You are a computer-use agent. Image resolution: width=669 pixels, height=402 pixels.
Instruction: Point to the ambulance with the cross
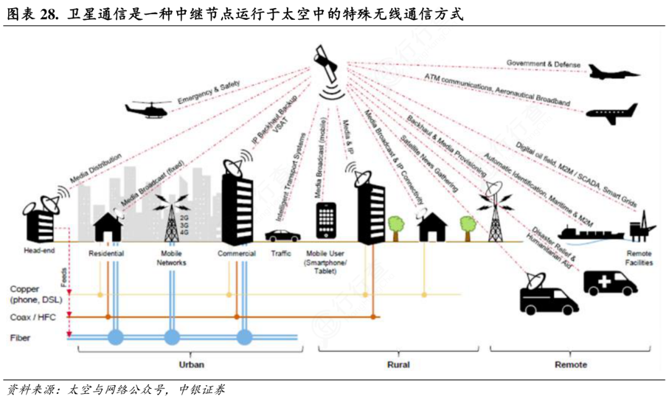coord(610,282)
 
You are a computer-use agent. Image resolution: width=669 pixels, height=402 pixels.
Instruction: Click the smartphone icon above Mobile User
coord(326,221)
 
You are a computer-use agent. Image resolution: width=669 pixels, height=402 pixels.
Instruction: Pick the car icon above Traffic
coord(282,235)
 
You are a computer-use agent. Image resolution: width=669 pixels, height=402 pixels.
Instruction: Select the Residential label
coord(106,253)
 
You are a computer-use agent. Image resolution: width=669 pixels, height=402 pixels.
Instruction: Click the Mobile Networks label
coord(171,258)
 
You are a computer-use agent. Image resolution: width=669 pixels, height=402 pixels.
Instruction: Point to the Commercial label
coord(237,253)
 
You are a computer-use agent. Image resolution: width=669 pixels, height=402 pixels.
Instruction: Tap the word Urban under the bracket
coord(191,364)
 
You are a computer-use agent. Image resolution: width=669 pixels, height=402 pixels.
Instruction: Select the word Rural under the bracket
coord(398,364)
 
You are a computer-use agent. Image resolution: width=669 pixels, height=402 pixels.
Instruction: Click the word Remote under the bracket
coord(571,364)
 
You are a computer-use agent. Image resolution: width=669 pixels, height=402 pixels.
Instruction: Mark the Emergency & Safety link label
coord(208,91)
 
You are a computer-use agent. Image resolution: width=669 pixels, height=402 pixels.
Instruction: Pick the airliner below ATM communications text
coord(611,113)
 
